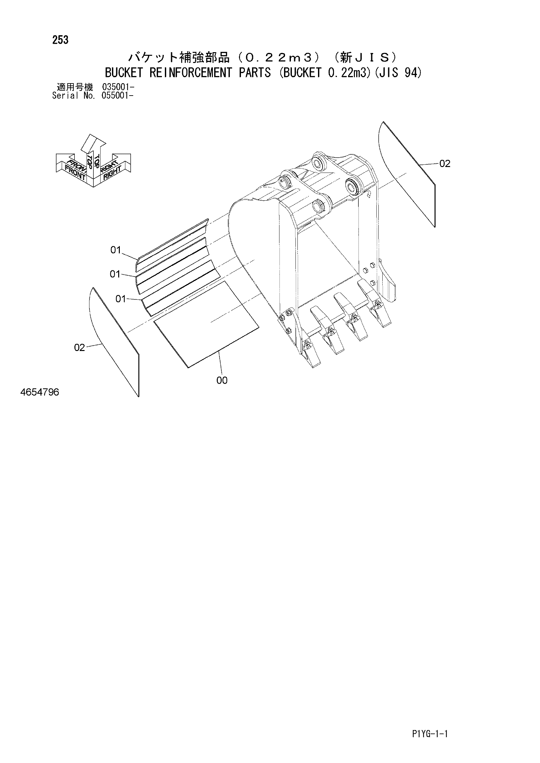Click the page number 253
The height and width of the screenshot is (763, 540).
tap(60, 40)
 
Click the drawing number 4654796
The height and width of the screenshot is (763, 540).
tap(40, 392)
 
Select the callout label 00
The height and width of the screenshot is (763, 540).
tap(222, 380)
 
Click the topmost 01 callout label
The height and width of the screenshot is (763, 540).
tap(116, 250)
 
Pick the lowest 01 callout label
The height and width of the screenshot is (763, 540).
tap(121, 299)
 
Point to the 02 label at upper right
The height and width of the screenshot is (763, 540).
tap(445, 163)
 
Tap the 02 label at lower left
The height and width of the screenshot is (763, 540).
tap(79, 348)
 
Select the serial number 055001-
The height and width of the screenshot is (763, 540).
tap(119, 96)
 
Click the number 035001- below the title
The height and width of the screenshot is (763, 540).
tap(119, 87)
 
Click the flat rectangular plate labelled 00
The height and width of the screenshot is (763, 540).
tap(206, 324)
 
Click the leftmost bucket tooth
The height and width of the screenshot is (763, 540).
tap(310, 352)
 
